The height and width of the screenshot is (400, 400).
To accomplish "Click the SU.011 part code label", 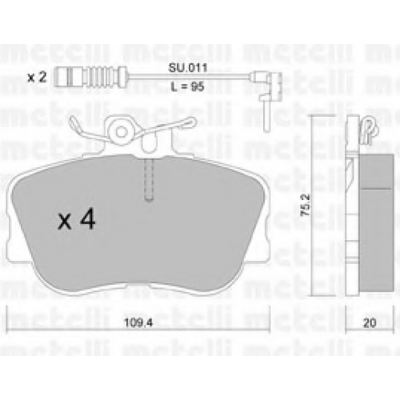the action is pos(188,68).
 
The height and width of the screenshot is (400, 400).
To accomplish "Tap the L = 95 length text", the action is pos(187,86).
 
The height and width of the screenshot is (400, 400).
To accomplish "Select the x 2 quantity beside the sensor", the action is pos(38,78).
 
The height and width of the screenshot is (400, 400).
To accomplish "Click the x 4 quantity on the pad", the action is pos(77,220).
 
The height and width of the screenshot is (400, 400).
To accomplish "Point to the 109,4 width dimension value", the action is pos(138,323).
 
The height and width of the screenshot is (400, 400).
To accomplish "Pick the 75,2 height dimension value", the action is pos(306,205).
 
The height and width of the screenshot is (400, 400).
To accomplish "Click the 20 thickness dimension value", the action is pos(370,323).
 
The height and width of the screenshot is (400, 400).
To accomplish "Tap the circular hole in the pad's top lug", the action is pos(122,132).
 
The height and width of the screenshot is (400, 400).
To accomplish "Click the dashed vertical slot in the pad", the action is pos(149,179).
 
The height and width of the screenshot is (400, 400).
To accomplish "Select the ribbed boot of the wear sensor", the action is pos(104,78).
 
